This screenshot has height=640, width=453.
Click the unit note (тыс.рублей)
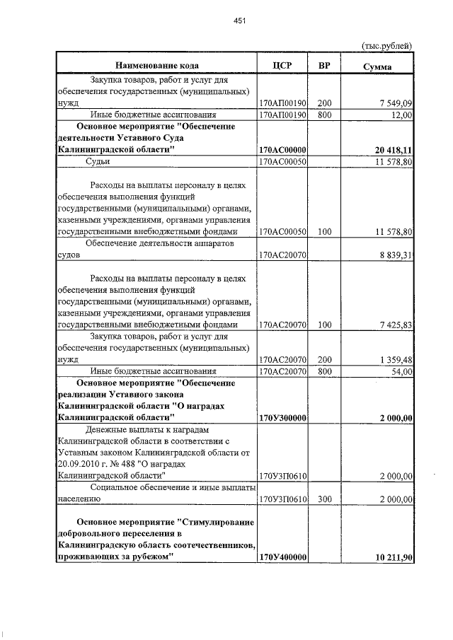coord(386,46)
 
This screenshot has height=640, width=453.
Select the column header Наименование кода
coord(157,66)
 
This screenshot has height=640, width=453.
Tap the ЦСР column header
coord(282,66)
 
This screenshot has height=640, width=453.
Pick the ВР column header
coord(325,66)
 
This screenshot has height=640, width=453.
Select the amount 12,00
coord(401,115)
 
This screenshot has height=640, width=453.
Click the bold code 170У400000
coord(282,557)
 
